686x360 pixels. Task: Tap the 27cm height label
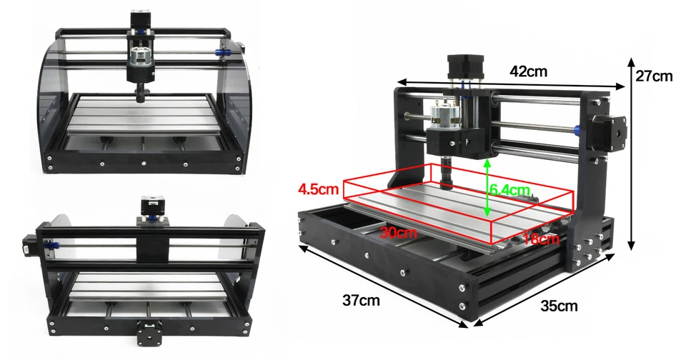click(x=654, y=76)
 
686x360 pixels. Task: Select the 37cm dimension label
click(x=360, y=301)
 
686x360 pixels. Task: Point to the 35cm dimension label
click(x=558, y=306)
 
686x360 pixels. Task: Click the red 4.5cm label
click(x=319, y=190)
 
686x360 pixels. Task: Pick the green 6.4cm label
click(x=509, y=190)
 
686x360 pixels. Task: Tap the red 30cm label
click(x=399, y=232)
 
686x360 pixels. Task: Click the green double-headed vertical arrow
click(x=487, y=187)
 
